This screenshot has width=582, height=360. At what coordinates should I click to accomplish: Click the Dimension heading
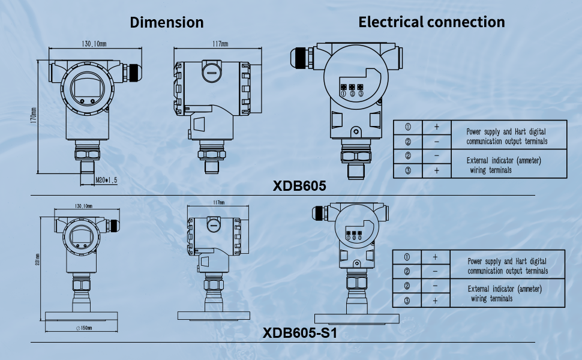click(167, 23)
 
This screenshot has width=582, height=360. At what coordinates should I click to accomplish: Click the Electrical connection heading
click(431, 22)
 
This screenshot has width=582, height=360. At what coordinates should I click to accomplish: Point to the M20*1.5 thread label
click(107, 179)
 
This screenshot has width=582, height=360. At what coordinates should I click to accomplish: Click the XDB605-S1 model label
click(299, 332)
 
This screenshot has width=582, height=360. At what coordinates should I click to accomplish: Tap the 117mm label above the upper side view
click(220, 44)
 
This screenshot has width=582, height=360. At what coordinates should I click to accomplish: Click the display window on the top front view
click(88, 89)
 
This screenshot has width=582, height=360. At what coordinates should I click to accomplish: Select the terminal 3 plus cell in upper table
click(437, 171)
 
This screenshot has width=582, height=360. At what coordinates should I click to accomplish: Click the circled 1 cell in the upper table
click(407, 127)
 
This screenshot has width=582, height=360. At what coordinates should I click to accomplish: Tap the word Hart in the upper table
click(523, 131)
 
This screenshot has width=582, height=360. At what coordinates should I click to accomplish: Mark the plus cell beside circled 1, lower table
click(436, 257)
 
